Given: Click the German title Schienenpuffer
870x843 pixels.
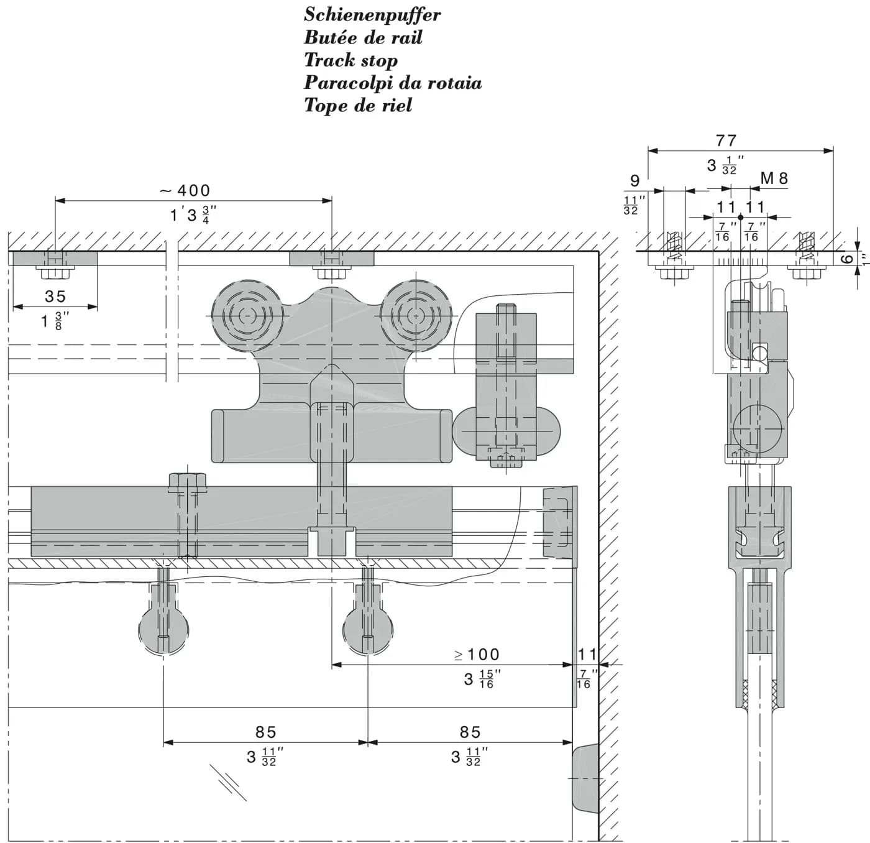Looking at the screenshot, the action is coord(372,16).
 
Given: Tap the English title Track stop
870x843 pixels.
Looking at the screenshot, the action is coord(350,60).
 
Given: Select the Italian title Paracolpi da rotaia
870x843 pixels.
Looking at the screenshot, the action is coord(393,83).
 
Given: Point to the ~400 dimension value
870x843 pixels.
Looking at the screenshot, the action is coord(185,190).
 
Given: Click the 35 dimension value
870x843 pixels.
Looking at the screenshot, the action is coord(55,296).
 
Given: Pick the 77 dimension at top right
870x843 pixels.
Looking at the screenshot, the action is coord(726,140).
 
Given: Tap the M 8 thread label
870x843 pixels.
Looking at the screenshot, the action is coord(774,178).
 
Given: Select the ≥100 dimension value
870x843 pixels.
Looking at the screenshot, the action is coord(477,655).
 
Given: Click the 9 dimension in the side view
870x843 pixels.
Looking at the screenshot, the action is coord(635,181).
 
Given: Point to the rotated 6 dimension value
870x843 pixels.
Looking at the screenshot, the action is coord(848,258).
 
